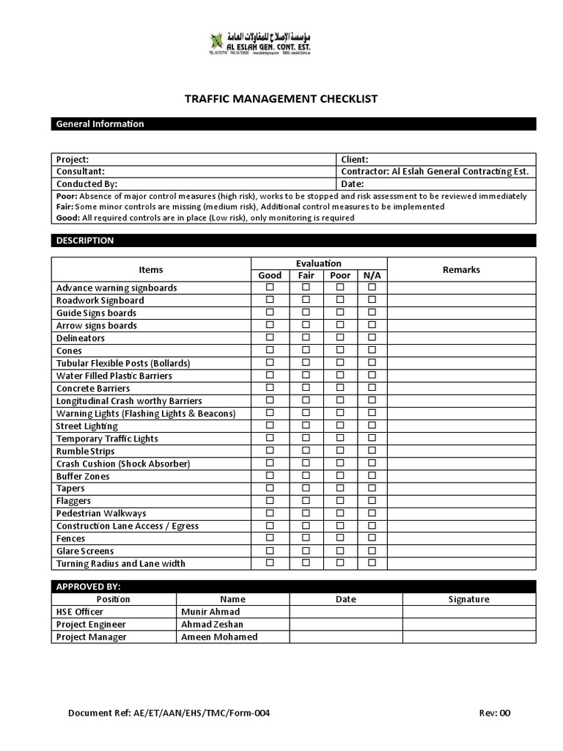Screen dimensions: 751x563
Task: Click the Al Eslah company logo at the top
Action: coord(281,43)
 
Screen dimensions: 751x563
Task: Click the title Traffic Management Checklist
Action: coord(281,98)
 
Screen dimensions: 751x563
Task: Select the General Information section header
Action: coord(100,124)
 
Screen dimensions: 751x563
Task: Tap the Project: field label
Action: coord(73,159)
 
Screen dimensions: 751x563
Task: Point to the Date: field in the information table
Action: coord(353,184)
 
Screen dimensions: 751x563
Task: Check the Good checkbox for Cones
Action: coord(270,350)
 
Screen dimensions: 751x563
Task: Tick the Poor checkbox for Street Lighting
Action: coord(340,425)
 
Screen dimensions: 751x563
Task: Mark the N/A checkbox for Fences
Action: coord(372,538)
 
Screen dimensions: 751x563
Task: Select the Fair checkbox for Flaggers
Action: coord(306,500)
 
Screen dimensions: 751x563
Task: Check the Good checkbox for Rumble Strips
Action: coord(270,450)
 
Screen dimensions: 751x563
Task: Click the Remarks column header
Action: coord(461,269)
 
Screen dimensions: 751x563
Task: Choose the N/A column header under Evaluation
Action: coord(372,276)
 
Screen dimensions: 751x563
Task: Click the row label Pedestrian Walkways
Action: coord(101,513)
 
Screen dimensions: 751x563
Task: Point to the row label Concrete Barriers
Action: coord(93,388)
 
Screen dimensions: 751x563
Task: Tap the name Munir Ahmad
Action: coord(210,612)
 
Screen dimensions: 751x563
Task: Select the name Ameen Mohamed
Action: coord(218,637)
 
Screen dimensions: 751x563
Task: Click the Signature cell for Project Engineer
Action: coord(468,624)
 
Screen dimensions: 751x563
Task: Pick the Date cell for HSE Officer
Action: coord(345,612)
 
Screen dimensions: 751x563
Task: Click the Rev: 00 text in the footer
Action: coord(494,713)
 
